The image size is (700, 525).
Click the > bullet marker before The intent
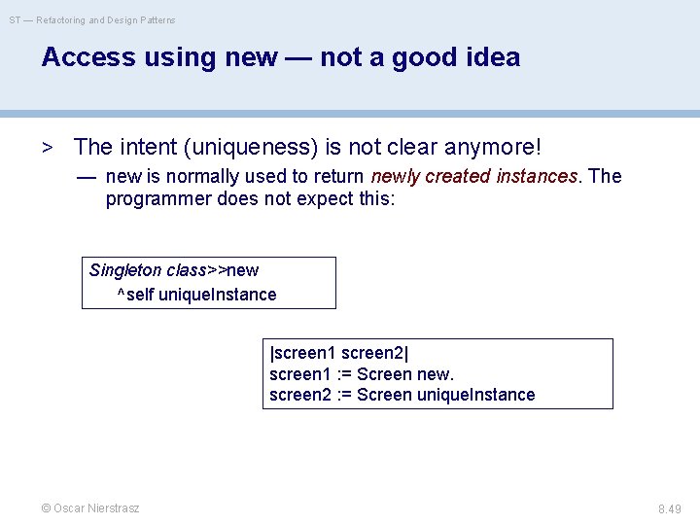point(46,148)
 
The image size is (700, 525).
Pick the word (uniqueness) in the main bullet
point(235,148)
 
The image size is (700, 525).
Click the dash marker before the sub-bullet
point(86,177)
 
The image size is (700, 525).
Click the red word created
point(467,176)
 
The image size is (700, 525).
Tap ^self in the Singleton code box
point(134,295)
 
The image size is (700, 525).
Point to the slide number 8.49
point(669,508)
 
